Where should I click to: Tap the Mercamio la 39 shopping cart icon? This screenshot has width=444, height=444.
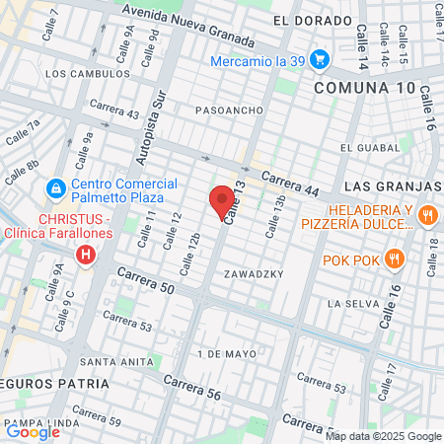click(319, 60)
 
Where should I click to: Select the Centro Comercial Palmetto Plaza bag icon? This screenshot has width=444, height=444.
click(56, 187)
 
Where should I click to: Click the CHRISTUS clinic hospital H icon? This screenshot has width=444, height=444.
click(87, 256)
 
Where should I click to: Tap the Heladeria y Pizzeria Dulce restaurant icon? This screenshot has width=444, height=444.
click(427, 214)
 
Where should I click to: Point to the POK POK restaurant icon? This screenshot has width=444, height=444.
click(394, 259)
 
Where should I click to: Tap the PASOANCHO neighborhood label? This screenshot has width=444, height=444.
click(228, 109)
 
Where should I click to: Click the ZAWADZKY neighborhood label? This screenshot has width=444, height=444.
click(254, 272)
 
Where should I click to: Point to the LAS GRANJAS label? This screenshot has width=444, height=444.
click(392, 186)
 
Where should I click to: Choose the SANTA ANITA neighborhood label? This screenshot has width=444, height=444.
click(114, 361)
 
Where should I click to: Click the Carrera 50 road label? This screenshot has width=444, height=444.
click(145, 281)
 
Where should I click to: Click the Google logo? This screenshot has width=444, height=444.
click(33, 430)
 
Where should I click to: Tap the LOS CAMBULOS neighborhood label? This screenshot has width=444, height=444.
click(87, 73)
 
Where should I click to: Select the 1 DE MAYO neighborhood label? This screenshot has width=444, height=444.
click(227, 352)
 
